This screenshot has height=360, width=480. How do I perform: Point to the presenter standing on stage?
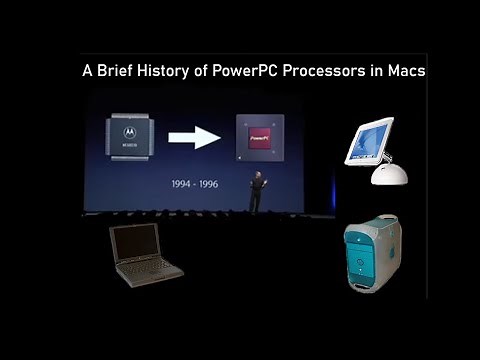[255, 190]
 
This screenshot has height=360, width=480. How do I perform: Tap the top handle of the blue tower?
[372, 214]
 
